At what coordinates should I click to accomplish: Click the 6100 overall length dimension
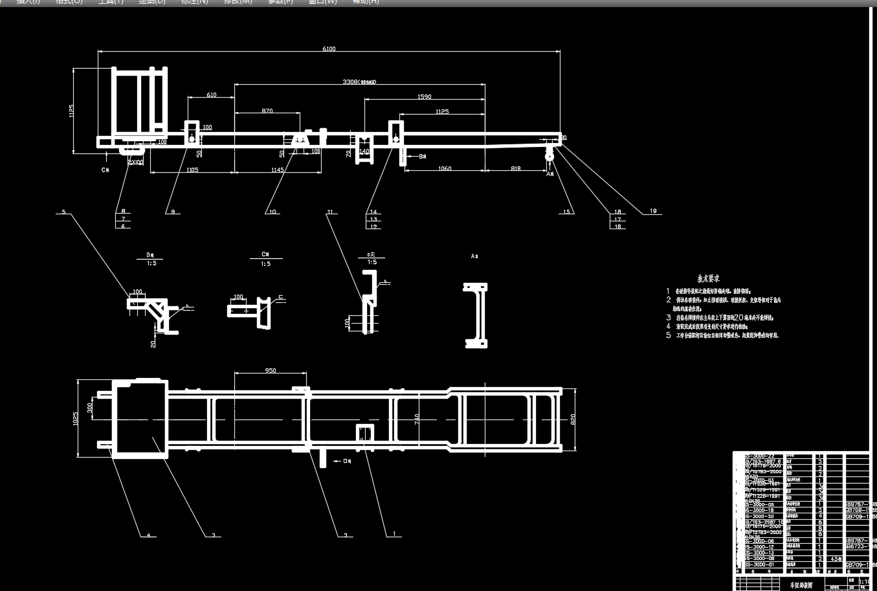pyautogui.click(x=329, y=49)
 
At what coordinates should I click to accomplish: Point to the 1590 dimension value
pyautogui.click(x=424, y=97)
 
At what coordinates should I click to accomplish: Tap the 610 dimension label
pyautogui.click(x=212, y=95)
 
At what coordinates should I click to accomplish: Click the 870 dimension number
pyautogui.click(x=267, y=111)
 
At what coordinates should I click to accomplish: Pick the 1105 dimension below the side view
pyautogui.click(x=192, y=170)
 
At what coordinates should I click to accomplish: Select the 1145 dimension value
pyautogui.click(x=277, y=170)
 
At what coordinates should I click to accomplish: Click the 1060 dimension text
pyautogui.click(x=444, y=169)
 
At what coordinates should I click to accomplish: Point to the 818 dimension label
pyautogui.click(x=515, y=169)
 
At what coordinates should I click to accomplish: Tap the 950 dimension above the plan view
pyautogui.click(x=271, y=371)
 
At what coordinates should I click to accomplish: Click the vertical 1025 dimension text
pyautogui.click(x=76, y=419)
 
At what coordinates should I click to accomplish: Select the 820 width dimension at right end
pyautogui.click(x=573, y=419)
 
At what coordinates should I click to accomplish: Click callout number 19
pyautogui.click(x=653, y=211)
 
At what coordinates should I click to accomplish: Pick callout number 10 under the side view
pyautogui.click(x=272, y=212)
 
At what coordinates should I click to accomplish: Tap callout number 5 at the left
pyautogui.click(x=63, y=212)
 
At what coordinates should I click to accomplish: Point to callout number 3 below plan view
pyautogui.click(x=213, y=535)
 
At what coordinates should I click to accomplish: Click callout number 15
pyautogui.click(x=567, y=212)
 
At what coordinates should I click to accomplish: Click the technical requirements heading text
pyautogui.click(x=708, y=278)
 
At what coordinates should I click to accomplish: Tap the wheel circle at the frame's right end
pyautogui.click(x=550, y=155)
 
